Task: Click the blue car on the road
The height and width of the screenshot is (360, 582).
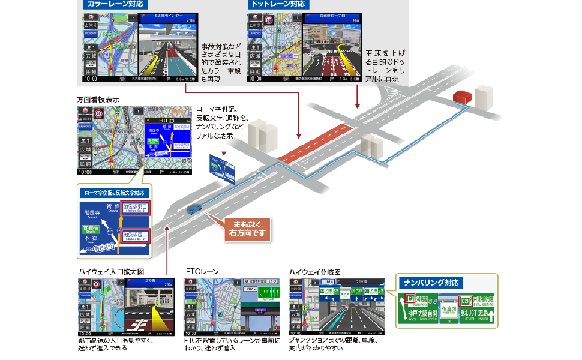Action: click(194, 209)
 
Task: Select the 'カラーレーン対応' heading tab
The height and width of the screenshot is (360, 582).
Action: click(109, 4)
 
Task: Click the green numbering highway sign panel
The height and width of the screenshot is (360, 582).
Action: click(446, 310)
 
